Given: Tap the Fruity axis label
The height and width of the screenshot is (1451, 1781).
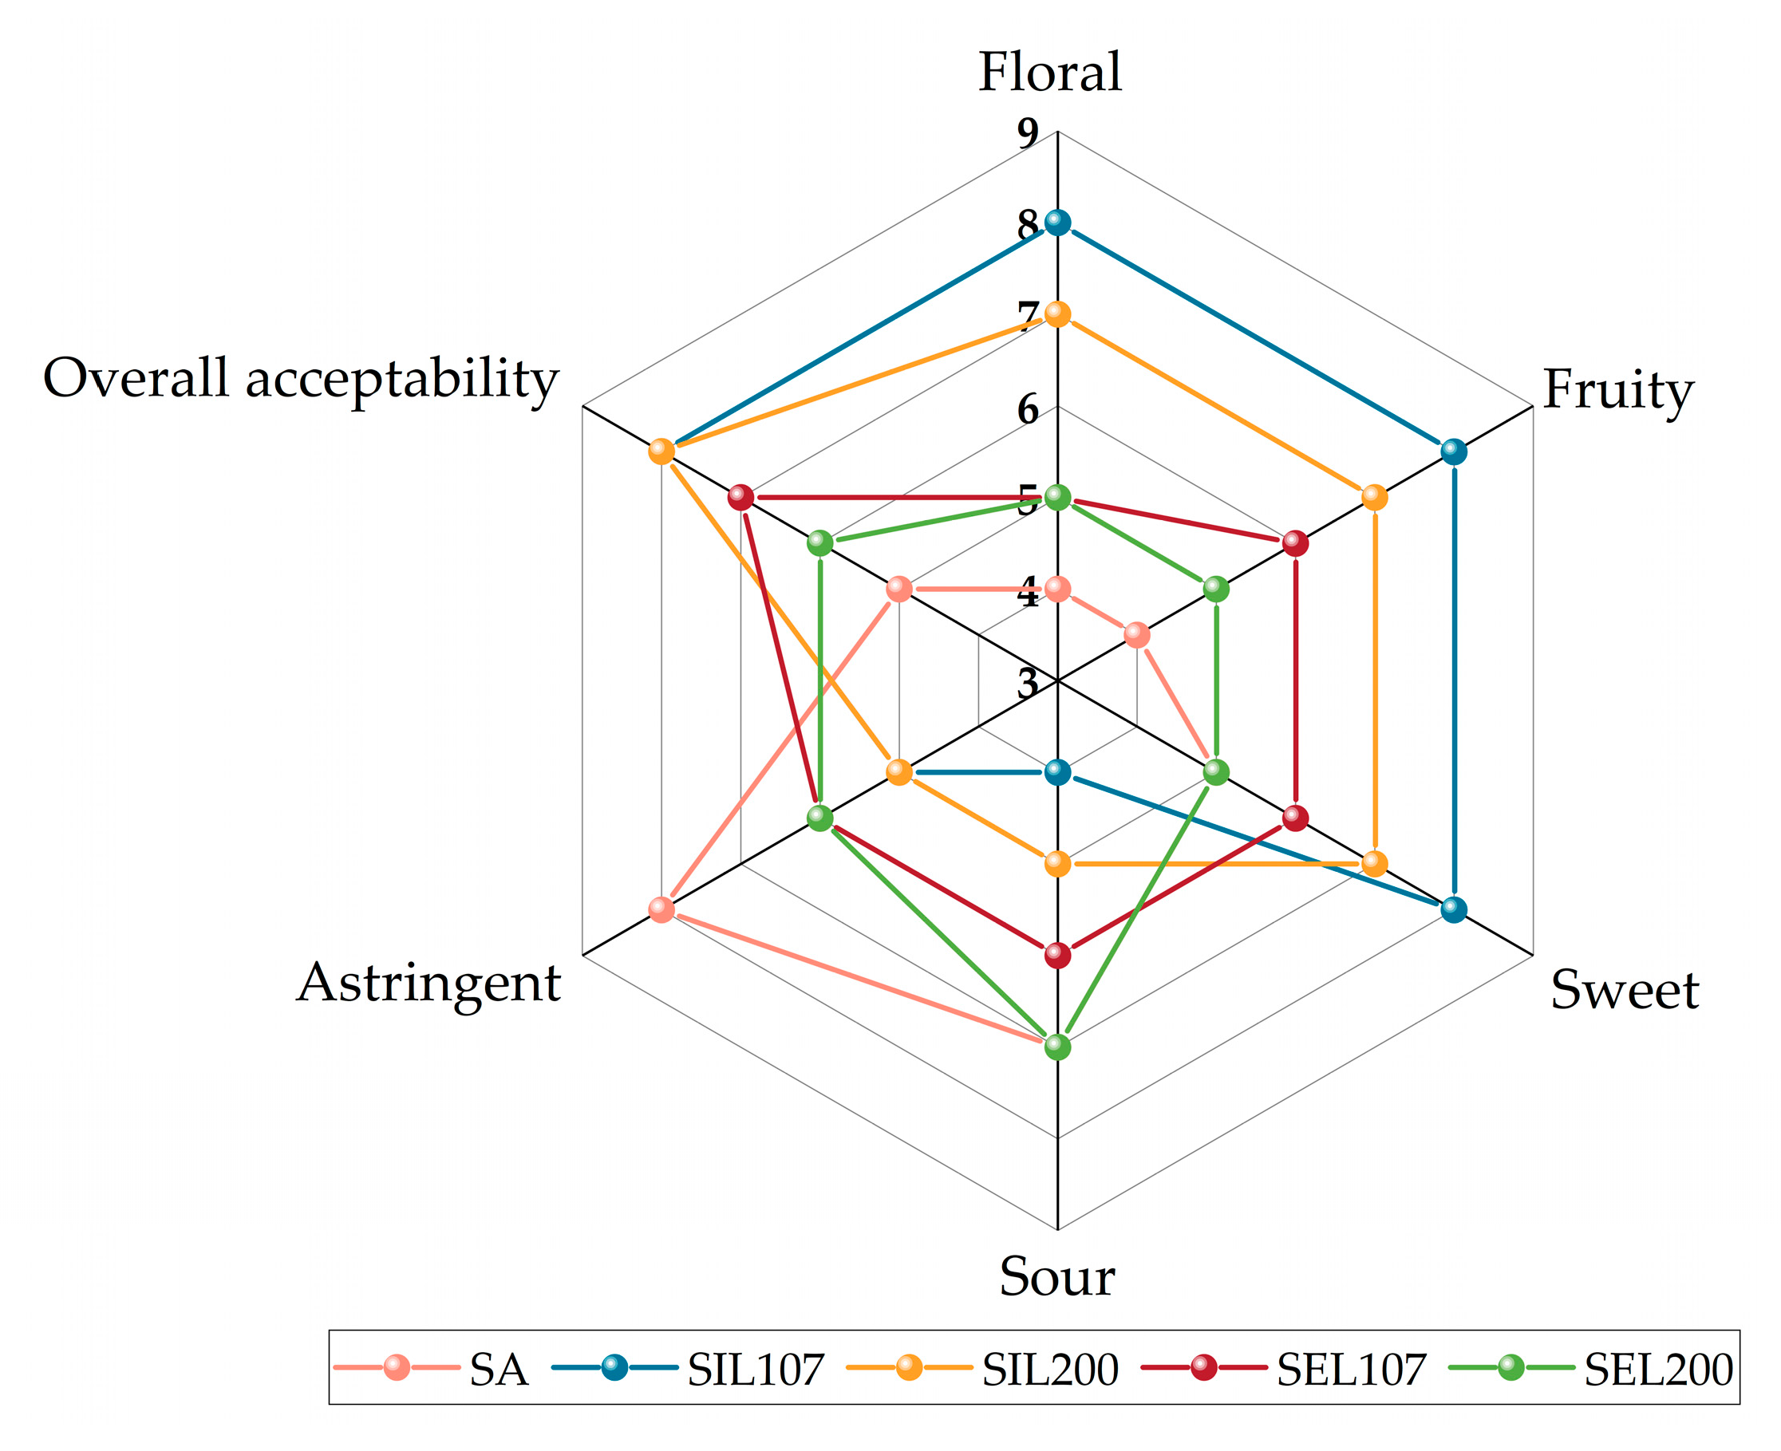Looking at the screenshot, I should (x=1617, y=389).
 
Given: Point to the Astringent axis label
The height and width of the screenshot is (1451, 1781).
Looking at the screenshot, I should (x=428, y=982).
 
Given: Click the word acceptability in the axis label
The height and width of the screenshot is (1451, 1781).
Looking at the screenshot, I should (x=401, y=379).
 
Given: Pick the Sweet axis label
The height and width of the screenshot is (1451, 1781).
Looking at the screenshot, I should (x=1624, y=990).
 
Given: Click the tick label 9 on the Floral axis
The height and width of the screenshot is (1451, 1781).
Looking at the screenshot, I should (x=1028, y=133).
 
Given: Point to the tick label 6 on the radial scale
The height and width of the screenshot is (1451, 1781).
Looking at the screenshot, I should (x=1028, y=409).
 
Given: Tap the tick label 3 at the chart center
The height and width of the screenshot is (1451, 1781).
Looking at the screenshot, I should (x=1028, y=684).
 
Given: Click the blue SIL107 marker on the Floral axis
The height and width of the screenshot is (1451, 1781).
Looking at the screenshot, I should (x=1058, y=223).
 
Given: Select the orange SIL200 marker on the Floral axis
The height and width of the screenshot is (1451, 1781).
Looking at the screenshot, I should (x=1058, y=315).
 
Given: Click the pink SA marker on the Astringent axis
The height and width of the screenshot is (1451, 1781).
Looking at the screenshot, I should (x=661, y=909).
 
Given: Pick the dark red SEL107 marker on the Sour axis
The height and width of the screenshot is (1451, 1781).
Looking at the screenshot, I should (x=1058, y=956).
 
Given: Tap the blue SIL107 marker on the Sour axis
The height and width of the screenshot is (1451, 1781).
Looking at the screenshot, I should (x=1058, y=772).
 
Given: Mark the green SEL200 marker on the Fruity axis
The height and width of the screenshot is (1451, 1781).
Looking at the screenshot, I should (x=1216, y=589).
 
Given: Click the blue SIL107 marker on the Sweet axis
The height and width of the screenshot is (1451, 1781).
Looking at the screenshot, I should (x=1454, y=909).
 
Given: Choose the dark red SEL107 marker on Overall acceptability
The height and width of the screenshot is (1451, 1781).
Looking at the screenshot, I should (x=740, y=497).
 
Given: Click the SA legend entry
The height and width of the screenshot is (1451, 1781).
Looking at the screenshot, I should (x=499, y=1369).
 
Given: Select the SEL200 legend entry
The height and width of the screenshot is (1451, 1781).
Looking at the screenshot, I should (x=1658, y=1369).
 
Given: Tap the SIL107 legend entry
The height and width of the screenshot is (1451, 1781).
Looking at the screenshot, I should (x=755, y=1369).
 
